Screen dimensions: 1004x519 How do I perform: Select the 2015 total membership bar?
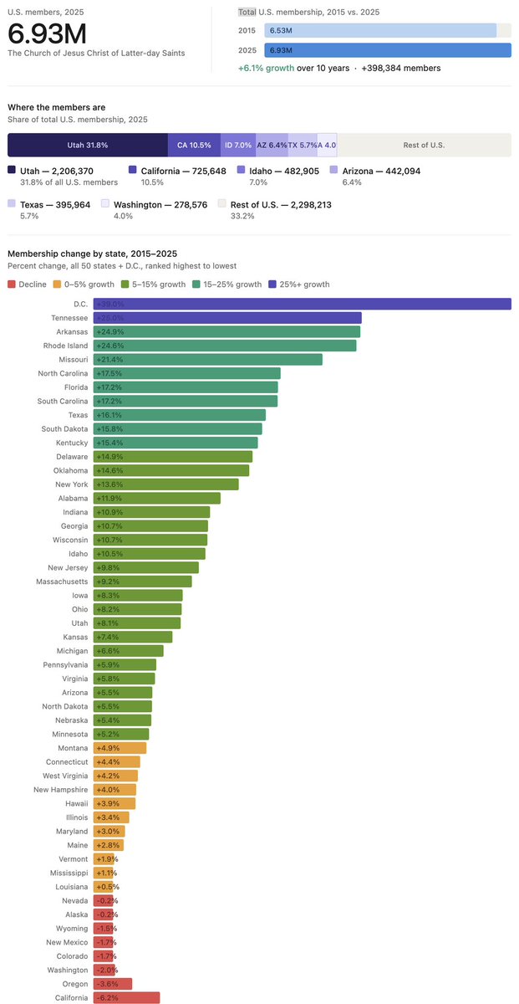click(x=380, y=30)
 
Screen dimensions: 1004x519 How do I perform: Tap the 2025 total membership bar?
click(x=388, y=50)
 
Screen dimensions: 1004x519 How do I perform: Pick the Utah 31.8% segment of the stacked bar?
click(x=88, y=145)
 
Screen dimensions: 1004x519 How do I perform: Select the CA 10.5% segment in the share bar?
click(x=194, y=145)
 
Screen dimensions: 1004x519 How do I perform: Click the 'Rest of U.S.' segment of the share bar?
click(x=424, y=145)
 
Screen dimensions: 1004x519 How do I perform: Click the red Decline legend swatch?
click(x=12, y=284)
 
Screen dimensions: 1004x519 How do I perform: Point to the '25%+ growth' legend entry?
click(x=303, y=284)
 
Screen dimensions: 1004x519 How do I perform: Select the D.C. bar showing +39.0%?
click(x=302, y=305)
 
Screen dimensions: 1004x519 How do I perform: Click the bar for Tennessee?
click(x=226, y=318)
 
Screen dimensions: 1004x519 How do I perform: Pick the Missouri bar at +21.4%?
click(x=207, y=360)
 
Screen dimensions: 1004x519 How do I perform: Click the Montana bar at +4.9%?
click(x=120, y=748)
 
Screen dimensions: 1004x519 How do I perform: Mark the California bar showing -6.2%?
click(x=126, y=997)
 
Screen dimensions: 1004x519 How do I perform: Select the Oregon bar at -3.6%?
click(x=112, y=984)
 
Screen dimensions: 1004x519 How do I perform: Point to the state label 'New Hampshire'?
click(x=60, y=790)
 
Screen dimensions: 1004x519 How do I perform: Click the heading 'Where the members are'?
click(x=55, y=107)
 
